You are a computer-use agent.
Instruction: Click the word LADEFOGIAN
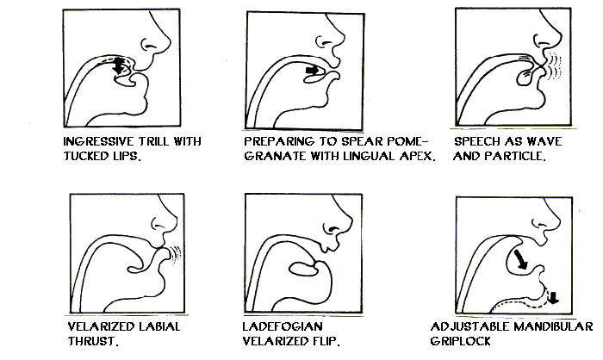(283, 326)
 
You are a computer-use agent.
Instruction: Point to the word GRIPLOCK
(461, 341)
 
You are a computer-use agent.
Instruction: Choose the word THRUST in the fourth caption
(93, 341)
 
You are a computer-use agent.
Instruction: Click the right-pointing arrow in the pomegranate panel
(312, 71)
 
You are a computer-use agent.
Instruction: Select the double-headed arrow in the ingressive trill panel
(119, 65)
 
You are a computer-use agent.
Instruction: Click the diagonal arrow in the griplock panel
(520, 259)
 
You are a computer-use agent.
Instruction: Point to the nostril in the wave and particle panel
(538, 40)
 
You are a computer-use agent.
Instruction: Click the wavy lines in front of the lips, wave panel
(554, 65)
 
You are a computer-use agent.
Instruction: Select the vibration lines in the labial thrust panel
(176, 255)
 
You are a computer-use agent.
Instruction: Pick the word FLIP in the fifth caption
(326, 341)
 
